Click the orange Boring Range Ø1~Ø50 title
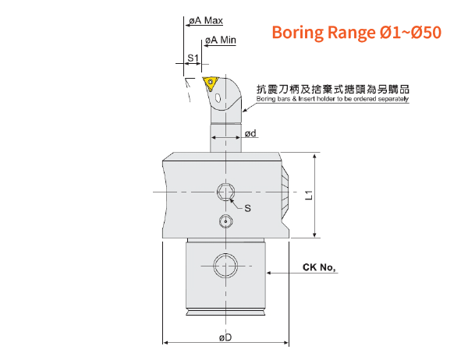pos(356,32)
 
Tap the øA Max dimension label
pos(206,20)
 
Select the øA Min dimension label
pos(221,40)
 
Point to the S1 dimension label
pos(193,58)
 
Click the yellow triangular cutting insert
pos(210,83)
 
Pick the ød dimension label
pos(250,133)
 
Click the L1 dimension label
pos(309,195)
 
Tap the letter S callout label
pos(247,208)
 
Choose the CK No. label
pos(319,267)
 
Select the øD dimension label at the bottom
pos(225,337)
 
